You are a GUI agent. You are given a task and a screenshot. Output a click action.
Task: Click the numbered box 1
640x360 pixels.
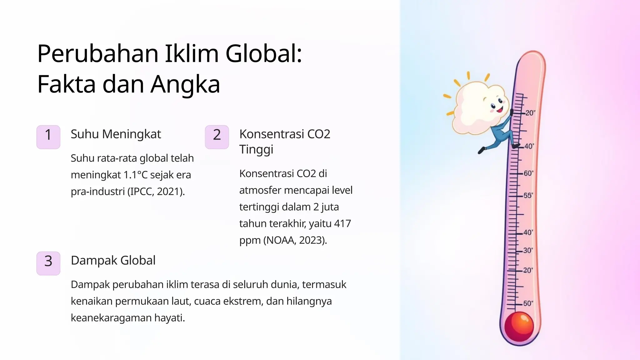[x=48, y=137]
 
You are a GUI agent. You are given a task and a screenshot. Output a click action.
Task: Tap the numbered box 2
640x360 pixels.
[x=217, y=137]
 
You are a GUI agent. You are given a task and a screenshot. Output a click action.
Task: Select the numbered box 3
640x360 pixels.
[x=48, y=263]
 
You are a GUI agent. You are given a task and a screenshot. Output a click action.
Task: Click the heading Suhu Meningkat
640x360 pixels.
[x=116, y=134]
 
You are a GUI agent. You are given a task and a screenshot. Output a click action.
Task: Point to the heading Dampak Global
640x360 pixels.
[x=113, y=260]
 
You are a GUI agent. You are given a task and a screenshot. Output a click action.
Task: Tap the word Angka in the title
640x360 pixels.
[x=185, y=84]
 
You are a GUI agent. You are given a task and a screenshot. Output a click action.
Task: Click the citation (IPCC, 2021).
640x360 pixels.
[x=156, y=191]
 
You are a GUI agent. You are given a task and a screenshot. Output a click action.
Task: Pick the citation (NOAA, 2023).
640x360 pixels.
[x=295, y=240]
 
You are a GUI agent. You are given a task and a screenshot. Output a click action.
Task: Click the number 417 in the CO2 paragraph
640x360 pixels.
[x=342, y=223]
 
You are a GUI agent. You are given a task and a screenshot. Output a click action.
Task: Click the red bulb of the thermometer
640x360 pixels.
[x=519, y=327]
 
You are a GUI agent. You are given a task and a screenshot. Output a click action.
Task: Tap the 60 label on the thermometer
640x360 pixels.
[x=528, y=173]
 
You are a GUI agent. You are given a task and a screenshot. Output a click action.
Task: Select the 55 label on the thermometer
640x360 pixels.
[x=528, y=195]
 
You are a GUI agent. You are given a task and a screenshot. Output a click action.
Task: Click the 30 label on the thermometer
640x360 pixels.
[x=528, y=250]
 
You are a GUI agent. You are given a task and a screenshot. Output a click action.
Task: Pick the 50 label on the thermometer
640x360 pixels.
[x=528, y=303]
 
